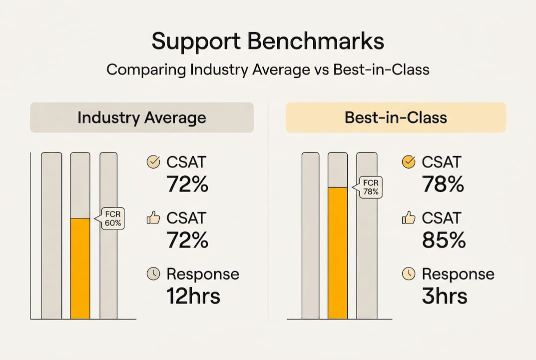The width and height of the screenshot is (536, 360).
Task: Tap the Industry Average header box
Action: tap(141, 117)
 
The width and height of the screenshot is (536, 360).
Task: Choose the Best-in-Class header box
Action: tap(396, 117)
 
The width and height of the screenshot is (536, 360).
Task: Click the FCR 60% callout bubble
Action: tap(112, 219)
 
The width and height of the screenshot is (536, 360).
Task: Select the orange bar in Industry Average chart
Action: tap(80, 268)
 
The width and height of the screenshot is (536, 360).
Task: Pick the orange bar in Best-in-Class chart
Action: tap(337, 252)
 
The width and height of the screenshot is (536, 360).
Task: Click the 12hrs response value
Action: tap(193, 296)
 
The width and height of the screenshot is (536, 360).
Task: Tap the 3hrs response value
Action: tap(445, 296)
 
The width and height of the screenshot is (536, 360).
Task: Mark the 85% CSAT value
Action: tap(444, 240)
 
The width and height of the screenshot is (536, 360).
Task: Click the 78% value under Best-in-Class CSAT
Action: tap(443, 185)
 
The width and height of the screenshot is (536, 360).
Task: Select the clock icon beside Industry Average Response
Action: tap(153, 273)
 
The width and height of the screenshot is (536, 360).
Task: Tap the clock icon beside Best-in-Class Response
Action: tap(409, 273)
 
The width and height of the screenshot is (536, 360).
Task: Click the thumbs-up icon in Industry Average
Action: tap(153, 217)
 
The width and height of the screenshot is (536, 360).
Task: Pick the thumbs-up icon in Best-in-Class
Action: tap(409, 217)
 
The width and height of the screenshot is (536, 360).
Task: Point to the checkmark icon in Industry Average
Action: tap(153, 162)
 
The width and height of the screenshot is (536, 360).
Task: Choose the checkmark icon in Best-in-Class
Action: tap(409, 162)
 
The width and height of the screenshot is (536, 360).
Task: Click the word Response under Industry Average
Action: tap(202, 274)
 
